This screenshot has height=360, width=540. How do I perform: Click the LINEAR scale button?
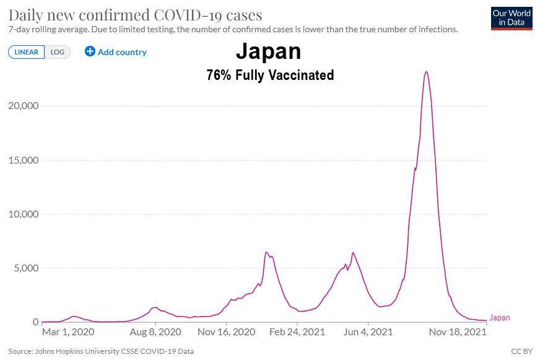point(26,52)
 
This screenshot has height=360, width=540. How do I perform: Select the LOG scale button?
point(58,52)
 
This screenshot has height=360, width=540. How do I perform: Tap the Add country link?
point(116,52)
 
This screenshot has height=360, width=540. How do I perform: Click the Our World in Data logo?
point(511,18)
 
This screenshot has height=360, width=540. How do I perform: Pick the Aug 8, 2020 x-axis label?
point(155,332)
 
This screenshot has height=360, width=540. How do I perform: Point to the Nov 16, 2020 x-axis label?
point(227,332)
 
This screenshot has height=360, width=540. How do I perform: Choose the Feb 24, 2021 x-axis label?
point(297,332)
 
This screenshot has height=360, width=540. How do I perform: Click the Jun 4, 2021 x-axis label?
point(368,332)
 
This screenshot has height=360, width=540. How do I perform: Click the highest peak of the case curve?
point(426,72)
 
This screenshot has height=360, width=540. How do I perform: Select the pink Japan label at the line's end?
point(500,318)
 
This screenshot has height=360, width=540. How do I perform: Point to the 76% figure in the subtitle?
point(218,76)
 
